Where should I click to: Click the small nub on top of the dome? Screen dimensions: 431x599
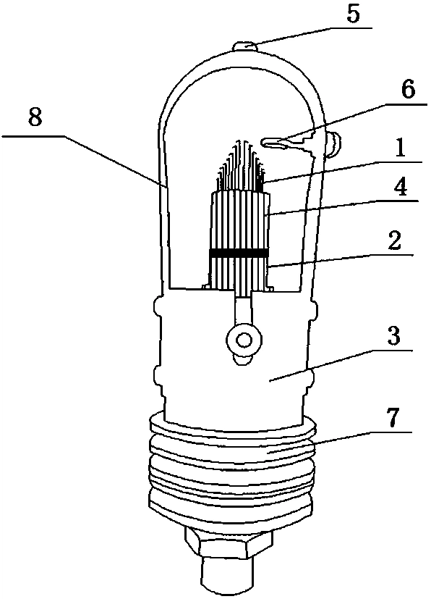point(245,46)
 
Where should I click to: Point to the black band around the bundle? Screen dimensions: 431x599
point(239,253)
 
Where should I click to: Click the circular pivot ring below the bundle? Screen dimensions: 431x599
point(244,339)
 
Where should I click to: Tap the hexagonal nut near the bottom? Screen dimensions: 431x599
point(229,540)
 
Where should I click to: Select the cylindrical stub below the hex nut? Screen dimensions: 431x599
point(228,575)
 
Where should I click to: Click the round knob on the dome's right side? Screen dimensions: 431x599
point(334,144)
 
